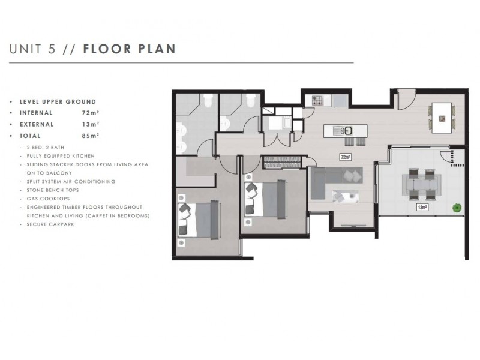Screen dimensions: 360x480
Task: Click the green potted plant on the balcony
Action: pyautogui.click(x=457, y=208)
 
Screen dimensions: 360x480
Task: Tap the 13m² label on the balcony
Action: pyautogui.click(x=422, y=208)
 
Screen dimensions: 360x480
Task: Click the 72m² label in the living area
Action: pyautogui.click(x=345, y=158)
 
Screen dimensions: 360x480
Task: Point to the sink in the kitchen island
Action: pyautogui.click(x=346, y=130)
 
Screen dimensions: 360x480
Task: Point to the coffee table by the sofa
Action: pyautogui.click(x=346, y=196)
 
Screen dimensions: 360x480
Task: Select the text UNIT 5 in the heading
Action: pyautogui.click(x=33, y=49)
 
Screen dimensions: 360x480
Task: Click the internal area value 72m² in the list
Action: pyautogui.click(x=91, y=112)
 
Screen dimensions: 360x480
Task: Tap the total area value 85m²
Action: pyautogui.click(x=91, y=136)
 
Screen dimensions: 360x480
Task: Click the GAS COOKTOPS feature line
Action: pyautogui.click(x=45, y=198)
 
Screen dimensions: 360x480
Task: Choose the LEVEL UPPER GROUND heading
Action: pyautogui.click(x=58, y=101)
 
